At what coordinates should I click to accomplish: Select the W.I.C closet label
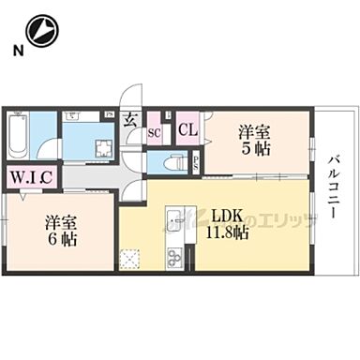coord(31,175)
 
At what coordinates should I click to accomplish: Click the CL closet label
coord(187,130)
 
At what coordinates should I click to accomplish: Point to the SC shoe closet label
coord(156,134)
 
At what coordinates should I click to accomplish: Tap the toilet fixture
coord(170,162)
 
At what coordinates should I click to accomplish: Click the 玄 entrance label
coord(132,121)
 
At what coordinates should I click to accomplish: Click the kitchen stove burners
coord(172,256)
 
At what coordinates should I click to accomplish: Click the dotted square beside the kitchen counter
coord(133,257)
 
